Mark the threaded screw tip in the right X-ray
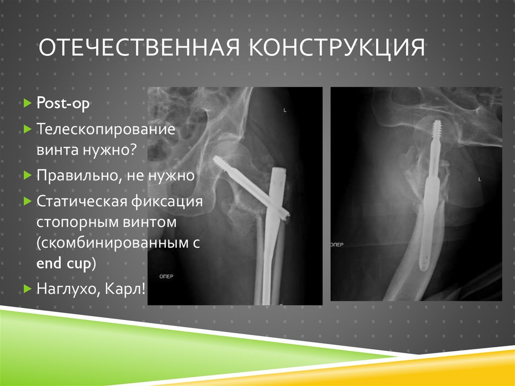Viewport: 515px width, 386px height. [437, 128]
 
